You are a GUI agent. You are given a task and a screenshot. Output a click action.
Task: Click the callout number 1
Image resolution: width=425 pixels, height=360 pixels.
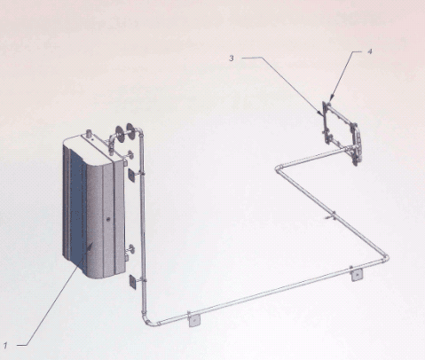(5, 345)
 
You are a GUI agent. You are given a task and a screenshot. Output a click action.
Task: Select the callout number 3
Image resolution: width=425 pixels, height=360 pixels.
(232, 59)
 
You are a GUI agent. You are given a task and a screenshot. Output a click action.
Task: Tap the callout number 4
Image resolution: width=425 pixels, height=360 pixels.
(370, 51)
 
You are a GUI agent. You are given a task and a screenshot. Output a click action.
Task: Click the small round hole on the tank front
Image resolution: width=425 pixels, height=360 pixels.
(108, 219)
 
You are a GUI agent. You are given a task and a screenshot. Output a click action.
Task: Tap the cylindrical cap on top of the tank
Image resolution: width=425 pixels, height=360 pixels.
(88, 133)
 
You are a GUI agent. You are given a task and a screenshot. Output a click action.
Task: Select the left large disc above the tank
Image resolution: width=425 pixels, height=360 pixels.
(120, 134)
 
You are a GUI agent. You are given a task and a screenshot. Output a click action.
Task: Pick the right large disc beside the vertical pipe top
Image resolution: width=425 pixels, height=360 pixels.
(130, 131)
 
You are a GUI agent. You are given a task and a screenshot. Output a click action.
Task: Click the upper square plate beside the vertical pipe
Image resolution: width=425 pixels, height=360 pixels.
(132, 175)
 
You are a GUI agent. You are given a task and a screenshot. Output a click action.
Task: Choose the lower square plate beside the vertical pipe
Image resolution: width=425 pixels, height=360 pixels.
(132, 282)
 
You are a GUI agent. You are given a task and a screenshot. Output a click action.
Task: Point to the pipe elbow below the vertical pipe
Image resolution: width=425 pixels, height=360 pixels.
(150, 321)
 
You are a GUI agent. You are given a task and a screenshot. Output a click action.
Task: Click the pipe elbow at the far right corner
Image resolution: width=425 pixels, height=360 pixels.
(384, 258)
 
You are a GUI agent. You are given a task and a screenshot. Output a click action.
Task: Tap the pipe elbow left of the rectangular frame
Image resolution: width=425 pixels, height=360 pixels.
(279, 168)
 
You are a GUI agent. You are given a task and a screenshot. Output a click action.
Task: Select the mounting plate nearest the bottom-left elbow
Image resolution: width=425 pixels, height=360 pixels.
(194, 320)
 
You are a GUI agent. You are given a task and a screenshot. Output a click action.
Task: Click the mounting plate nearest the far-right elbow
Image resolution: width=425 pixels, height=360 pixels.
(357, 275)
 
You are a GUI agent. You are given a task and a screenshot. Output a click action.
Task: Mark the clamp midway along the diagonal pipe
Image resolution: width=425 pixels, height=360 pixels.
(332, 215)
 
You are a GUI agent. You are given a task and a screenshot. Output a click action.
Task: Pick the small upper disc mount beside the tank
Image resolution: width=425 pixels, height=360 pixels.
(130, 155)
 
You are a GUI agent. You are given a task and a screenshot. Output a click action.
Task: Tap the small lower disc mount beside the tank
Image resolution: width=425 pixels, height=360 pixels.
(130, 249)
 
